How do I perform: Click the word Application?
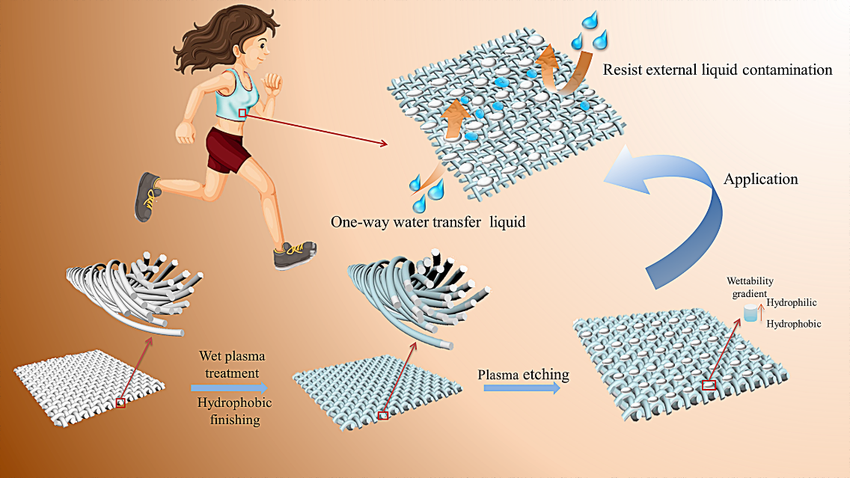click(760, 180)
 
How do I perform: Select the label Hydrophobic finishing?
click(234, 411)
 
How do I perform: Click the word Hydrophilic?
click(791, 302)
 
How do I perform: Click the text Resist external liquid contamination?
click(717, 70)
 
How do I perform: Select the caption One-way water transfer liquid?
click(428, 221)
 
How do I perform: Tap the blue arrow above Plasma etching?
click(521, 388)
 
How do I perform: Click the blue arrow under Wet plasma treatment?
click(228, 387)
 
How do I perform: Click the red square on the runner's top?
click(242, 113)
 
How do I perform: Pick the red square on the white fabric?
click(120, 403)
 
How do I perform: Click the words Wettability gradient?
click(748, 286)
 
